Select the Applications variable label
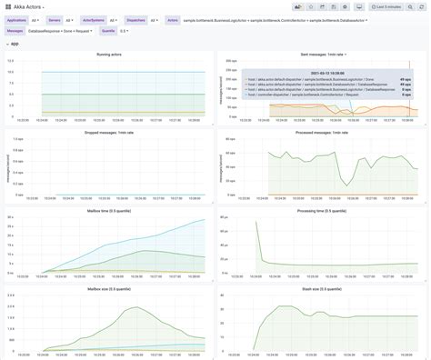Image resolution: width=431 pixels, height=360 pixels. (17, 19)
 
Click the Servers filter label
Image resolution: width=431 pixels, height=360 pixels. (55, 19)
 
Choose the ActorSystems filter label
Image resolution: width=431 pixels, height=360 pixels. (93, 19)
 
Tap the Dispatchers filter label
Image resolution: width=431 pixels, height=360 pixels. (135, 19)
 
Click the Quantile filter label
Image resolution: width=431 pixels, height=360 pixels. (108, 31)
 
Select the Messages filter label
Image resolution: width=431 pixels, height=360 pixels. (15, 31)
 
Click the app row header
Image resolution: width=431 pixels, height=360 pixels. (15, 43)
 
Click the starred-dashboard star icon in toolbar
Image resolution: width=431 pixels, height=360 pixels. (311, 6)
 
